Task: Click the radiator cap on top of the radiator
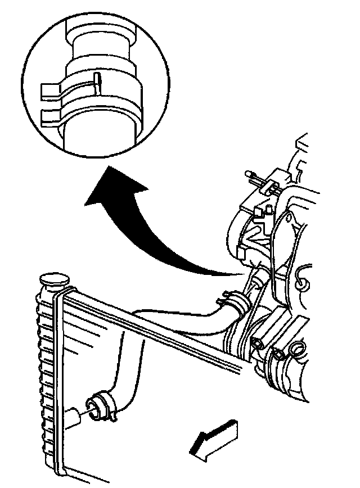[53, 279]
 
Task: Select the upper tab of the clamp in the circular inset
[51, 89]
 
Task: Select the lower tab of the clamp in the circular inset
[52, 116]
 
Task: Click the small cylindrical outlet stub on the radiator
[73, 417]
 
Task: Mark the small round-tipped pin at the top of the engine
[249, 175]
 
